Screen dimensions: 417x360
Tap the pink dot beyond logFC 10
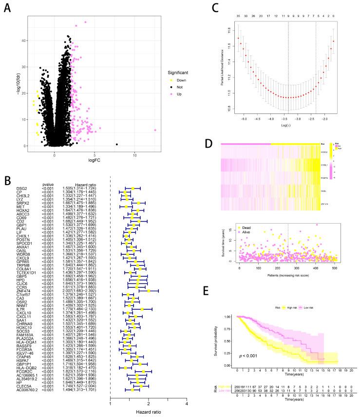(x=155, y=130)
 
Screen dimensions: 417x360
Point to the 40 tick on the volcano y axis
(x=20, y=41)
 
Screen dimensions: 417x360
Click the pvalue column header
(x=48, y=184)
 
